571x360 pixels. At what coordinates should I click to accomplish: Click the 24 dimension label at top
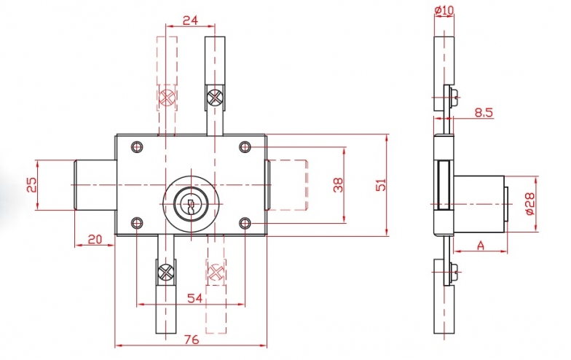(x=190, y=20)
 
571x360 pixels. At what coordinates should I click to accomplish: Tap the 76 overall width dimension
(x=192, y=340)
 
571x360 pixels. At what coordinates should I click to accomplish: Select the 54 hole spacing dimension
(x=194, y=298)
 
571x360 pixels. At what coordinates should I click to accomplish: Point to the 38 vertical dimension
(x=338, y=185)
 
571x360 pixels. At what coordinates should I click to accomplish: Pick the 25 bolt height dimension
(x=31, y=185)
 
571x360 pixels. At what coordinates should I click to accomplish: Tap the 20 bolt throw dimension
(x=95, y=239)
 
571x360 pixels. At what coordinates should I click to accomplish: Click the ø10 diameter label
(x=444, y=10)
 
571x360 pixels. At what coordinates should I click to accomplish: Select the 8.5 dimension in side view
(x=484, y=112)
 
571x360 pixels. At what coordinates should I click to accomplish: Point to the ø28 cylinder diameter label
(x=530, y=204)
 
